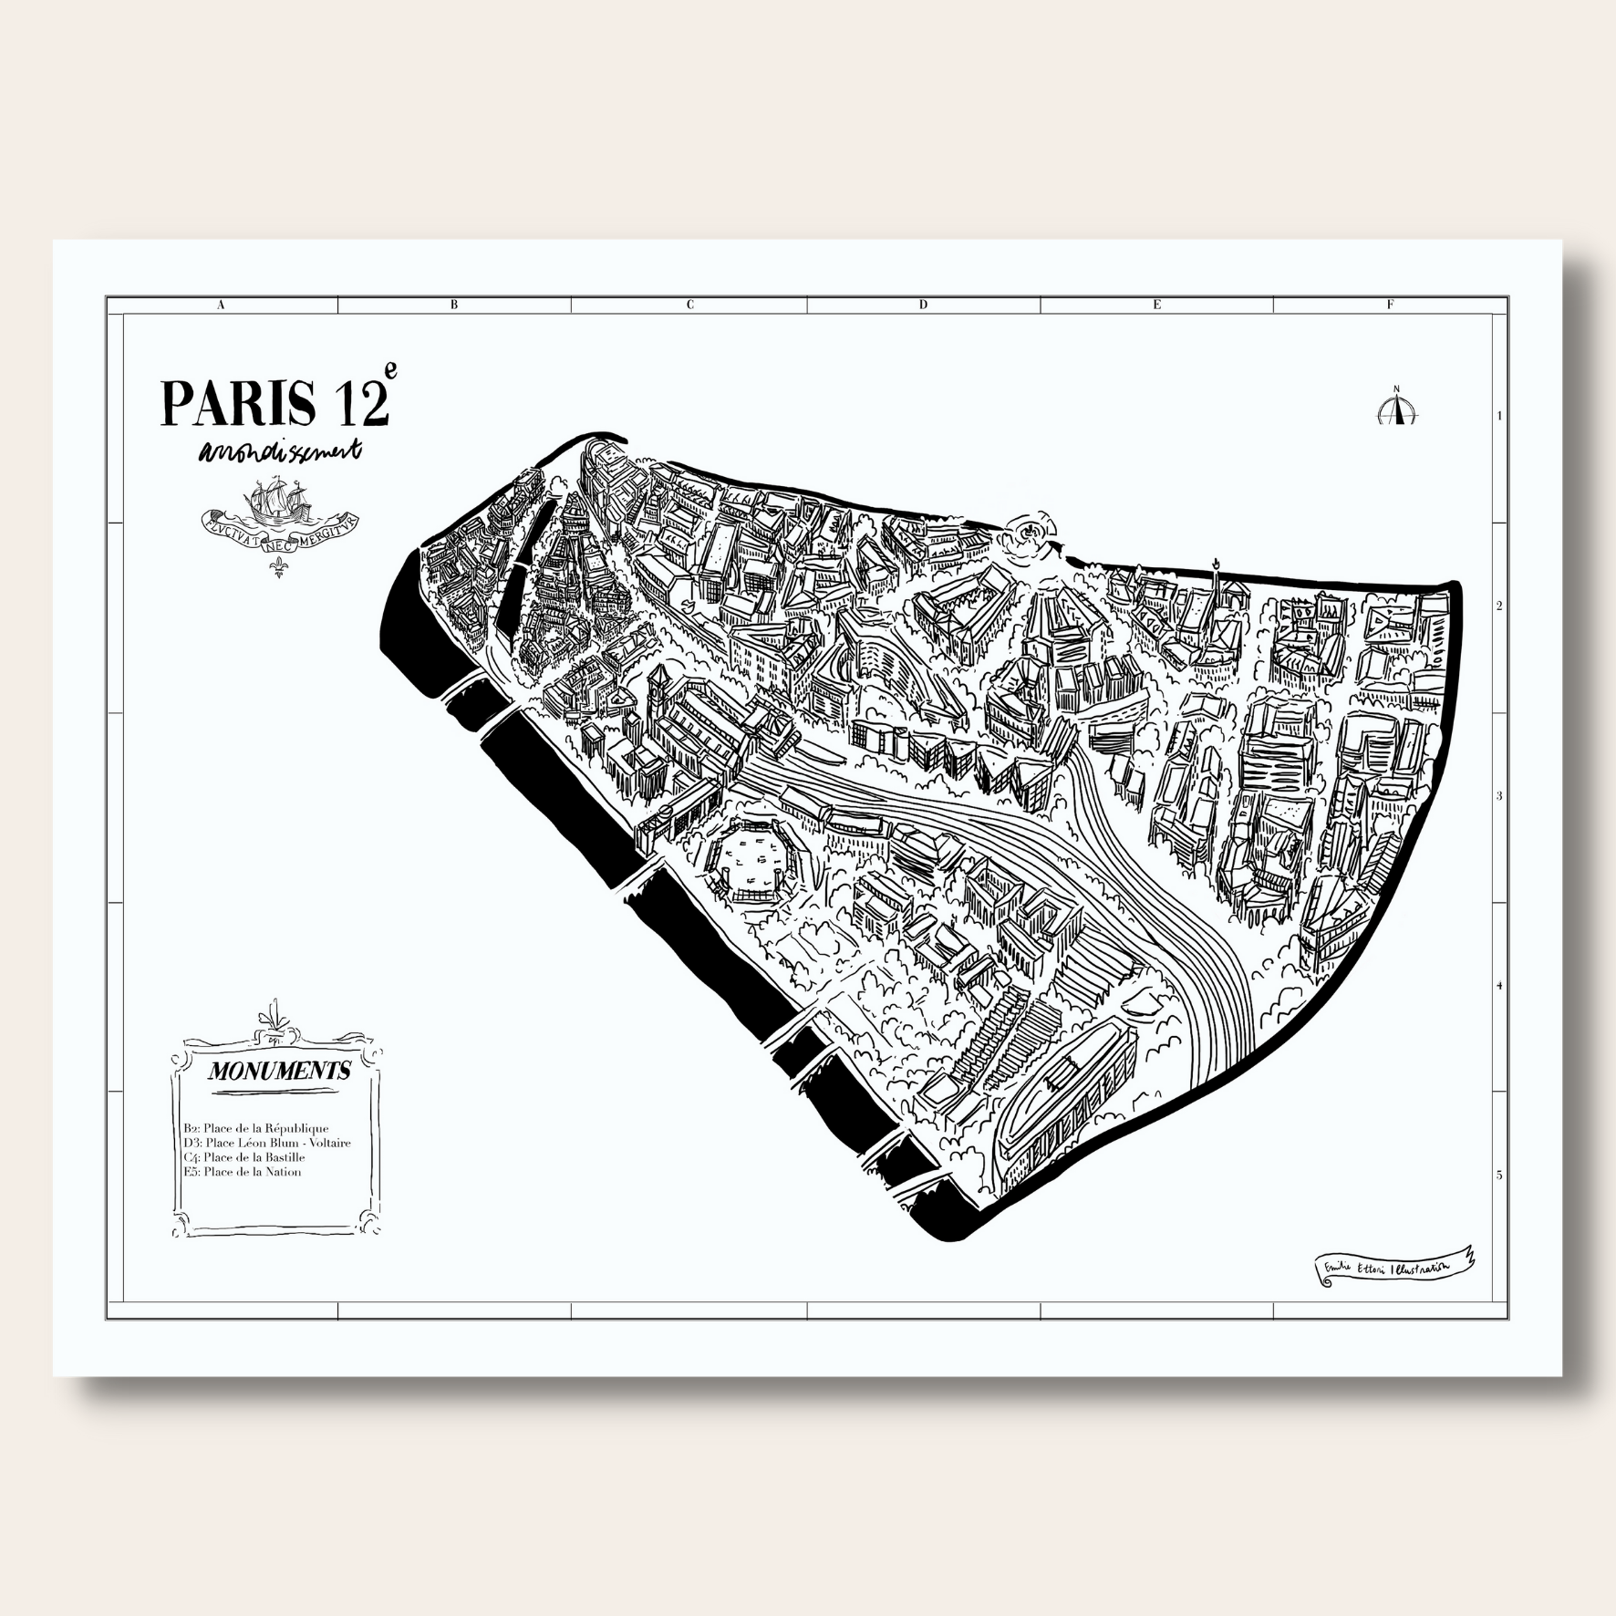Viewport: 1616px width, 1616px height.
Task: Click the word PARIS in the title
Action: click(x=238, y=402)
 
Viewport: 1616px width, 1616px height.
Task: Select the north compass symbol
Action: click(x=1395, y=408)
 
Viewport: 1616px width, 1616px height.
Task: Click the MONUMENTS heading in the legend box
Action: click(x=279, y=1071)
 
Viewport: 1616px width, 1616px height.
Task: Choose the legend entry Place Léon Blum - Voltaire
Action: click(x=266, y=1143)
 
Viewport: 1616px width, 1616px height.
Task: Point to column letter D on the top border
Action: click(x=923, y=306)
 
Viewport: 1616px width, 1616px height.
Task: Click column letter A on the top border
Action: click(x=221, y=306)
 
